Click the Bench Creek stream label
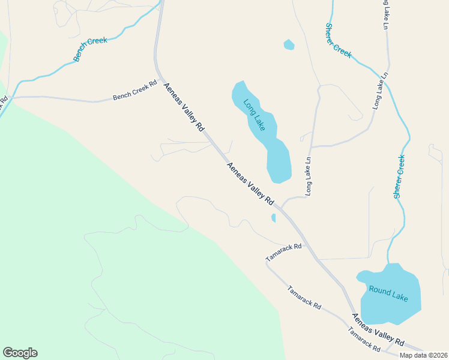[90, 49]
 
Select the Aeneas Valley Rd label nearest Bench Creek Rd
[184, 107]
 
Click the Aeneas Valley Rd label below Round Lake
[379, 328]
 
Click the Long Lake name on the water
[255, 114]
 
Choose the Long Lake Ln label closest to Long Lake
[309, 176]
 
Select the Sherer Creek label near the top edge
[338, 40]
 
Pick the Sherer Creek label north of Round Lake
[399, 176]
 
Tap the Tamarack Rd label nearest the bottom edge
[364, 340]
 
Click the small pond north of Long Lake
[289, 44]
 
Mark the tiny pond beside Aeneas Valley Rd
[274, 218]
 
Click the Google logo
[20, 353]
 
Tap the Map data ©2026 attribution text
[423, 355]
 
